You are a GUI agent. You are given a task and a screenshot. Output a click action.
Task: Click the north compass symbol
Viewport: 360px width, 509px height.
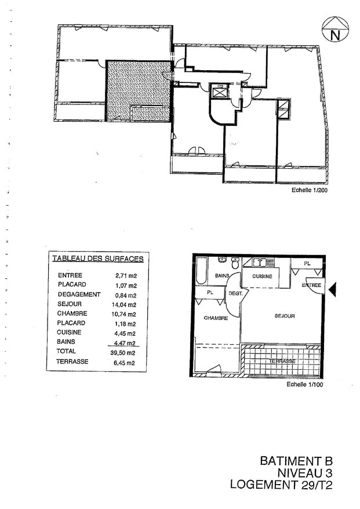tap(334, 30)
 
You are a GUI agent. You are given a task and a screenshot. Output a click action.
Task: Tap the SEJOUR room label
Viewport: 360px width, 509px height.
tap(285, 316)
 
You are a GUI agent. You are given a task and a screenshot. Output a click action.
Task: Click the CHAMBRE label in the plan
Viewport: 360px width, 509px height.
tap(215, 318)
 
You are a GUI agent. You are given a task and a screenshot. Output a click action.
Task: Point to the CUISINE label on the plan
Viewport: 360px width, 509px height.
tap(261, 277)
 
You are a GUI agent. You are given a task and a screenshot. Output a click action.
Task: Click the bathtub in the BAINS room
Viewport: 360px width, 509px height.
tap(201, 271)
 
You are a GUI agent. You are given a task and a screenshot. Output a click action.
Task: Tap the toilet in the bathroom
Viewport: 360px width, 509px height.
tap(235, 261)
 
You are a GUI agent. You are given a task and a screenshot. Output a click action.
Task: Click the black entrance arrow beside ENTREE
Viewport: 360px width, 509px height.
tap(333, 288)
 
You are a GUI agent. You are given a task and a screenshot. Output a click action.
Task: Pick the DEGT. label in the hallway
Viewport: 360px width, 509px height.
tap(235, 293)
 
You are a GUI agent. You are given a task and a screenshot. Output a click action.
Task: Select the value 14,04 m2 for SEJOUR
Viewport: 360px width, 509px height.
tap(125, 304)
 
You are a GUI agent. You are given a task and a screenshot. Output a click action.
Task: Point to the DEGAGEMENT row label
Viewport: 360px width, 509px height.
tap(79, 295)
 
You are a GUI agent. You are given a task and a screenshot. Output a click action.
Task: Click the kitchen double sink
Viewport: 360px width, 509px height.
tap(260, 262)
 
